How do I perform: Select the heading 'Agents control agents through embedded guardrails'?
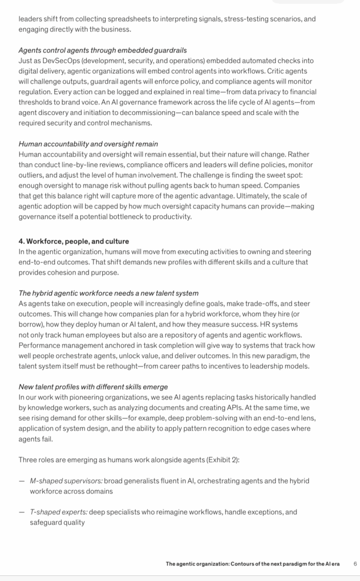(x=103, y=50)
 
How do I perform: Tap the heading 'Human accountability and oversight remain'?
(x=89, y=144)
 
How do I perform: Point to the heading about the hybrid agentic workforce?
(x=108, y=293)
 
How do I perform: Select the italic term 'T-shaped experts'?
(x=58, y=512)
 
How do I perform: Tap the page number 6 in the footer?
(x=355, y=564)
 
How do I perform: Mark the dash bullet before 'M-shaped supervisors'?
(x=22, y=481)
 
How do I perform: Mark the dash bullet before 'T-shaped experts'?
(x=22, y=512)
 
